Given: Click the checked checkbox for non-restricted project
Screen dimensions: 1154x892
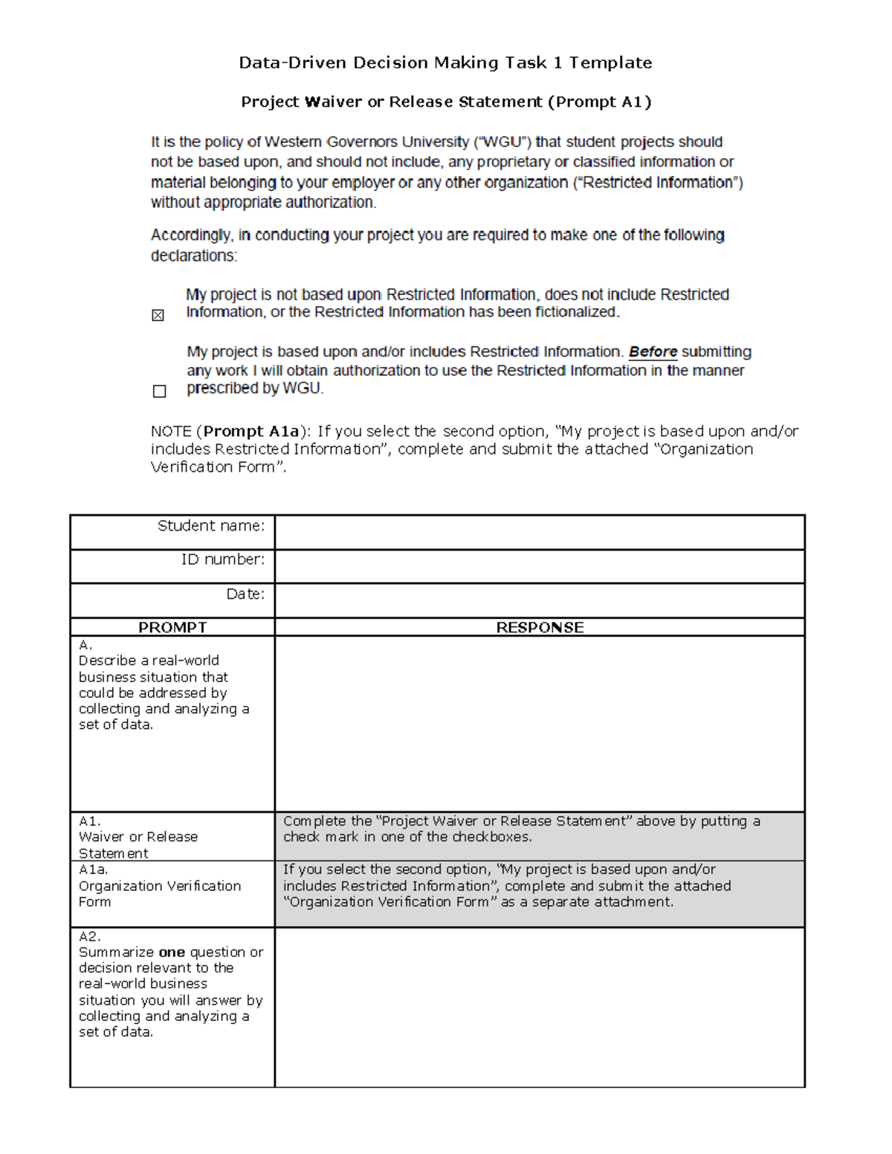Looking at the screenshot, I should pos(158,316).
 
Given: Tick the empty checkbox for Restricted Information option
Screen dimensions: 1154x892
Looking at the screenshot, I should pos(159,392).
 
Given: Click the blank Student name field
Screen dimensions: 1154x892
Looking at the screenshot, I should pos(539,532).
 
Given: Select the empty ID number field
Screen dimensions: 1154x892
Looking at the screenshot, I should pos(539,566).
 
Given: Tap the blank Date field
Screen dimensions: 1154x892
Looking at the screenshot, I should pos(539,600).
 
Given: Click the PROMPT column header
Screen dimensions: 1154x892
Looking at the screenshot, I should pos(172,627).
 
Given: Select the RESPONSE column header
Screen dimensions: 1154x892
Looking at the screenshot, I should pos(540,627).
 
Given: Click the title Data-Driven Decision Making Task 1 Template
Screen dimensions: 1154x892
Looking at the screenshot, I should pos(445,62).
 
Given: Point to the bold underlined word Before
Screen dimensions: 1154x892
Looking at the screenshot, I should pos(653,351).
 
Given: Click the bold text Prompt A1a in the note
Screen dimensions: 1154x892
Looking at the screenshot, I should pos(251,431).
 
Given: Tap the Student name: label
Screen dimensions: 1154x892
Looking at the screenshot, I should pos(211,526).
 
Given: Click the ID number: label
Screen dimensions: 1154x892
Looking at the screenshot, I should pos(223,560).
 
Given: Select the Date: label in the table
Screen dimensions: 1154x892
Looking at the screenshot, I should pos(245,594).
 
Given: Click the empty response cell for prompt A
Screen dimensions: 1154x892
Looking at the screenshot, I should pos(539,724).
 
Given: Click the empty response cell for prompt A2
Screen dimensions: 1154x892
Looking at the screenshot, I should pos(539,1007).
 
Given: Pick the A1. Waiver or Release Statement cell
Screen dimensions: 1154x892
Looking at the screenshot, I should pos(172,837).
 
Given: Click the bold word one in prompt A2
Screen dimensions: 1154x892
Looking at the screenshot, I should pos(172,952).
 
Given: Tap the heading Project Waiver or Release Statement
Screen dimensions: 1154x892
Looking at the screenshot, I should pos(445,102).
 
